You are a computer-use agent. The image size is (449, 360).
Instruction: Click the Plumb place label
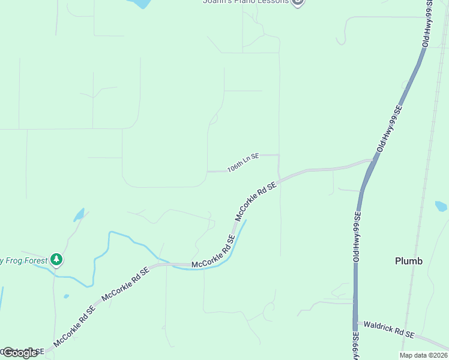coord(409,261)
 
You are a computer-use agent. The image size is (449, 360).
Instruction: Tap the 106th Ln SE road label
coord(243,163)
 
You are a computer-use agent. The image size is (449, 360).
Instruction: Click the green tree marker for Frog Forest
coord(56,260)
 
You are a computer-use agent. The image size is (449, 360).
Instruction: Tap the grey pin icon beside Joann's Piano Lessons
coord(298,2)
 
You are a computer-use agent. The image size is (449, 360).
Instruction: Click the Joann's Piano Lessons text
coord(246,2)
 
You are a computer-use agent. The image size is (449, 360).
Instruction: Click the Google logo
coord(19,353)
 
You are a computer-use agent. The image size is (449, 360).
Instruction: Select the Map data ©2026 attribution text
coord(424,355)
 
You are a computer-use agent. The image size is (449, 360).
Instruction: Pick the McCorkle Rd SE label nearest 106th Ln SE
coord(256,202)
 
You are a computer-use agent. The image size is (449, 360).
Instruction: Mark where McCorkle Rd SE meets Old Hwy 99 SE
coord(373,161)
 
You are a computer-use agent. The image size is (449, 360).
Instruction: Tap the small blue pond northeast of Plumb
coord(441,206)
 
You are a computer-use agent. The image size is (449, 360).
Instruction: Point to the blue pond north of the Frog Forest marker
coord(79,214)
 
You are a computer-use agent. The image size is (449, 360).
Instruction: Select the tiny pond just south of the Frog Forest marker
coord(66,296)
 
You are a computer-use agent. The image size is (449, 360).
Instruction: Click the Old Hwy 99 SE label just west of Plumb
coord(357,236)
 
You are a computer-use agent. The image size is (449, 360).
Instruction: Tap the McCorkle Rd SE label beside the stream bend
coord(212,256)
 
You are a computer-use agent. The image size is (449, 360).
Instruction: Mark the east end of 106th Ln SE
coord(279,155)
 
